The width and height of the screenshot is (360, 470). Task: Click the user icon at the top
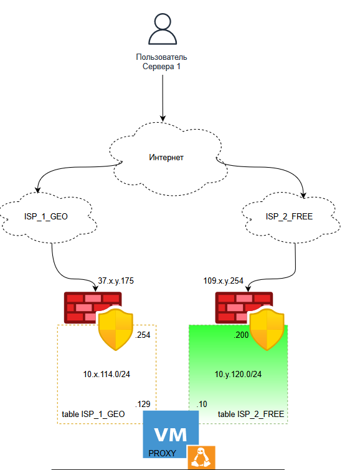click(163, 29)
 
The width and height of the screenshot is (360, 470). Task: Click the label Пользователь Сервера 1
click(162, 62)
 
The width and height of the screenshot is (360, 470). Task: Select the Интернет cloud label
click(166, 157)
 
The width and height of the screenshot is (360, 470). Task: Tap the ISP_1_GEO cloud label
click(46, 216)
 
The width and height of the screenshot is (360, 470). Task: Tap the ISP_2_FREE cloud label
click(289, 216)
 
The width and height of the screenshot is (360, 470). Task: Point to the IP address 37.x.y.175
click(116, 281)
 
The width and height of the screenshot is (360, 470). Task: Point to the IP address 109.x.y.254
click(223, 281)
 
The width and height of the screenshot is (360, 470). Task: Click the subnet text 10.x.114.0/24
click(107, 374)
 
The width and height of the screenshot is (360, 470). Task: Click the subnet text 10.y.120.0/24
click(238, 374)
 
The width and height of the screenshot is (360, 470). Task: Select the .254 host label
click(143, 335)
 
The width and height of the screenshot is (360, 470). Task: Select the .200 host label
click(241, 335)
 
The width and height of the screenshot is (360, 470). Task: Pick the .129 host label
click(143, 404)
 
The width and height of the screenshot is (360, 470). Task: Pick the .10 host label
click(202, 404)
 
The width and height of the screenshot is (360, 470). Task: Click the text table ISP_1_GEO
click(93, 414)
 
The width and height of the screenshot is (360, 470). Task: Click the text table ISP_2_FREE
click(251, 414)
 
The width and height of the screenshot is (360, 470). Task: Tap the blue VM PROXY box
click(171, 434)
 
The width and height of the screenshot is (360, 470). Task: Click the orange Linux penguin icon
click(202, 458)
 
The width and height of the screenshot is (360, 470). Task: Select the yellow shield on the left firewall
click(116, 329)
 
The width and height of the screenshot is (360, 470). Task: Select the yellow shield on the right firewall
click(267, 329)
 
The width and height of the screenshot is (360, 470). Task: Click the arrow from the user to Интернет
click(163, 98)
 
